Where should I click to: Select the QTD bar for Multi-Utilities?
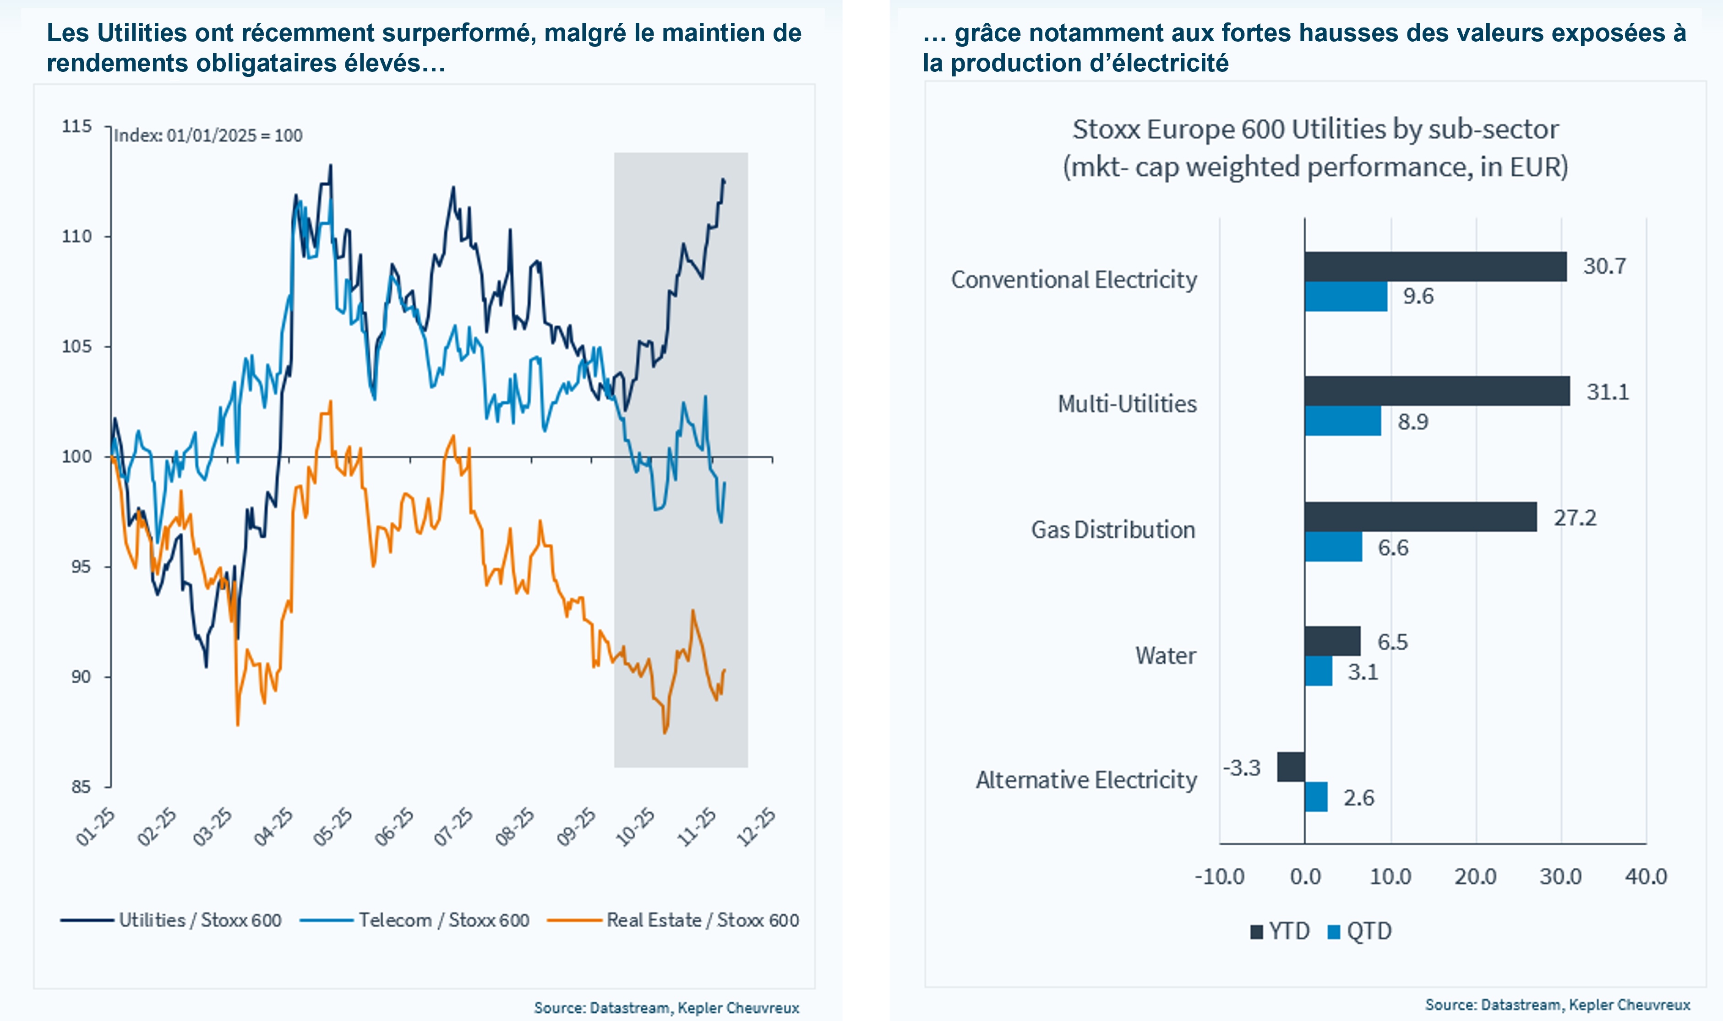tap(1342, 421)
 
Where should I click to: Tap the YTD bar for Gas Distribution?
tap(1420, 517)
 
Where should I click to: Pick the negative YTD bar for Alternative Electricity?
tap(1291, 767)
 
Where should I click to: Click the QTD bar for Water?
tap(1318, 671)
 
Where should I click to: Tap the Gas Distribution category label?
tap(1112, 530)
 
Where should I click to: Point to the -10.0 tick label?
tap(1219, 876)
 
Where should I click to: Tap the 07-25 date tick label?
tap(453, 827)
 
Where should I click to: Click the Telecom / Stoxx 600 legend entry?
tap(414, 921)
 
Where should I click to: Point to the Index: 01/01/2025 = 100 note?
tap(208, 135)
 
